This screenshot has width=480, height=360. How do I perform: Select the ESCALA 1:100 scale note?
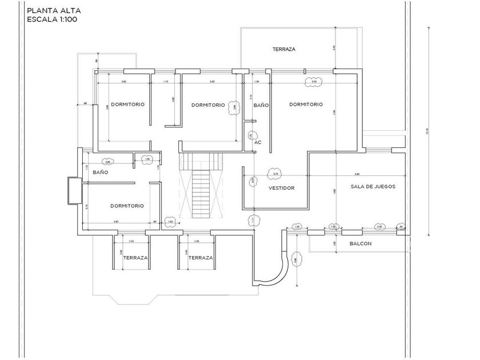click(52, 19)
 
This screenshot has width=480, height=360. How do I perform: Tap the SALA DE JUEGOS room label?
click(373, 187)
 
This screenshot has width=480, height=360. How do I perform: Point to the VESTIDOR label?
click(281, 187)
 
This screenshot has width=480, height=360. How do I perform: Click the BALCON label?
click(360, 244)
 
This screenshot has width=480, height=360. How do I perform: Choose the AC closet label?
click(258, 142)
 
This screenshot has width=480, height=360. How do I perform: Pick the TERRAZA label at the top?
click(283, 50)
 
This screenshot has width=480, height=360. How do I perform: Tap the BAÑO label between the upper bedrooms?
click(261, 105)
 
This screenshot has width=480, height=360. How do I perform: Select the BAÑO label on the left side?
click(101, 172)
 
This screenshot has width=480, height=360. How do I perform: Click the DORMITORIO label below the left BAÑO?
click(127, 206)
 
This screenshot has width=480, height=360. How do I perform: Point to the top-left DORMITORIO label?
click(127, 105)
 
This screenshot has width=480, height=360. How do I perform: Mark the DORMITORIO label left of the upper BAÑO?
click(208, 105)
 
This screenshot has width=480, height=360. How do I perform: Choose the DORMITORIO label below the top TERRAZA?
click(306, 105)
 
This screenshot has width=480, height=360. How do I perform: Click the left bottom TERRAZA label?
click(135, 258)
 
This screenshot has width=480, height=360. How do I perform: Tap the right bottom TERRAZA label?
click(200, 258)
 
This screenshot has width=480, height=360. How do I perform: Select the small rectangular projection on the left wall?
click(74, 190)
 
